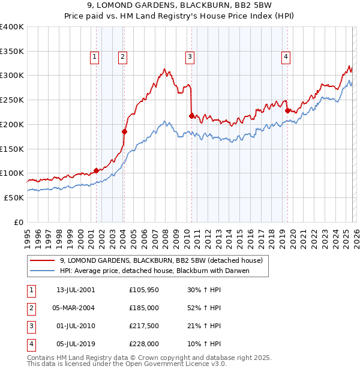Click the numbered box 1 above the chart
pos(95,57)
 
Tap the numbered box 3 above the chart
pos(190,57)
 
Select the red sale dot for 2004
pos(124,131)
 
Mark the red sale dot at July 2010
pos(191,115)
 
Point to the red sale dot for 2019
pos(287,110)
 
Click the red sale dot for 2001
pos(96,170)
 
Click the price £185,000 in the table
pos(144,307)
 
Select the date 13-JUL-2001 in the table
pos(74,289)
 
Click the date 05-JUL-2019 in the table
pos(74,344)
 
